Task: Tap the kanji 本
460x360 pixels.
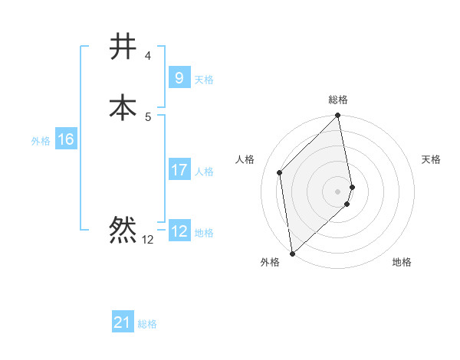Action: tap(123, 107)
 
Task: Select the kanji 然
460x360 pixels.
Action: tap(123, 230)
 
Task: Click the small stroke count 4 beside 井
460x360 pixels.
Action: tap(148, 56)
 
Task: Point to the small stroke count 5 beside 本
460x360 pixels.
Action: tap(148, 116)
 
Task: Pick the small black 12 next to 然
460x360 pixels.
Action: tap(148, 240)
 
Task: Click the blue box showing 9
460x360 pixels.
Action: tap(179, 77)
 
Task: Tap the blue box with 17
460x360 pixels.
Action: tap(179, 170)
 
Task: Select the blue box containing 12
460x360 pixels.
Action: tap(179, 231)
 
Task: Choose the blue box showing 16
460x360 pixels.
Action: tap(66, 139)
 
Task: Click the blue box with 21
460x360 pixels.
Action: tap(123, 322)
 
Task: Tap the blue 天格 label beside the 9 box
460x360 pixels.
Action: tap(204, 79)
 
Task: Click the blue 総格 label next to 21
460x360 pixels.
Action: tap(147, 324)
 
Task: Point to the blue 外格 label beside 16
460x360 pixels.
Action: tap(40, 141)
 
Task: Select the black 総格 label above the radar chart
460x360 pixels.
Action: tap(338, 100)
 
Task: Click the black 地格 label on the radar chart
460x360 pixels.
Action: tap(402, 263)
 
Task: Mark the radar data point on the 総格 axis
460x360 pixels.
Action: tap(338, 116)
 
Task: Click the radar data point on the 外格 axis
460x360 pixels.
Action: tap(292, 253)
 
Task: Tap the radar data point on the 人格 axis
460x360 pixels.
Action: tap(280, 172)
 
